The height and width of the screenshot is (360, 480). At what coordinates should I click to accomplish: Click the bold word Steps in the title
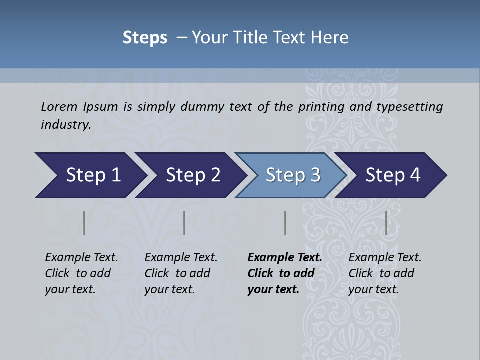145,38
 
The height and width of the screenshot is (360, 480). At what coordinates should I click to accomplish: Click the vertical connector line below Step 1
84,223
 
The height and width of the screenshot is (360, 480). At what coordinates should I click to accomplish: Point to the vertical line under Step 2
184,223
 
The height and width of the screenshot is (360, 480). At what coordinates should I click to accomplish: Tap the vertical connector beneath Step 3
285,223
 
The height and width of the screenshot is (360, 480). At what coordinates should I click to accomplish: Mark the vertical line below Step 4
386,223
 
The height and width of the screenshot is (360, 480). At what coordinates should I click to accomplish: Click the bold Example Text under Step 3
285,258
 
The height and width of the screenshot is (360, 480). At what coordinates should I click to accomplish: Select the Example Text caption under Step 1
81,258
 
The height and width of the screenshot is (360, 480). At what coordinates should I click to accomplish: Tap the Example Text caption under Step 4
385,258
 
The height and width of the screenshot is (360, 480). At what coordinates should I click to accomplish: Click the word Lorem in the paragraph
59,107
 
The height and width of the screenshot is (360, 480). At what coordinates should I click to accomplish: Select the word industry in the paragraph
65,125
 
